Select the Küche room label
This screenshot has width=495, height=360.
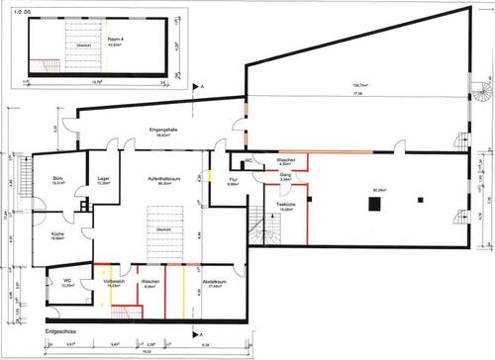(58, 233)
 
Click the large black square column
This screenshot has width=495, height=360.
(374, 205)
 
